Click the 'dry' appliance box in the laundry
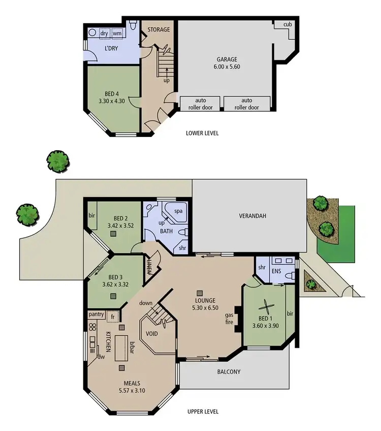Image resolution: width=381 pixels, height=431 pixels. pos(104,33)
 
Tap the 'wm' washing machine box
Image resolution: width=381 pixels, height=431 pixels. pos(117,33)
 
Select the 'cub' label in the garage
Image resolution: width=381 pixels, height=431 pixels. pos(288,24)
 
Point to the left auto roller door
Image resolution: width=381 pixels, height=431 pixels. pos(200,103)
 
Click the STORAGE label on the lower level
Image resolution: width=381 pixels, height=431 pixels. pos(158,29)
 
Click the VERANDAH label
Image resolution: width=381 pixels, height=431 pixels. pos(253,215)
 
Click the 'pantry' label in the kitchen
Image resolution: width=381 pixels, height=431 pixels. pos(97,314)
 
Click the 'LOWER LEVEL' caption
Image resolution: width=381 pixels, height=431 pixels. pos(203,133)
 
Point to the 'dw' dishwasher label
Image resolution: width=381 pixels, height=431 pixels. pos(102,356)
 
